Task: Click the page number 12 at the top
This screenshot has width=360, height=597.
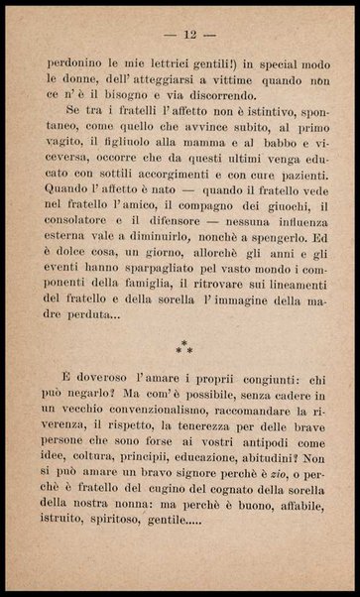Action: click(180, 25)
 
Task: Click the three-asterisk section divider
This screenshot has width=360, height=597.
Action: click(180, 374)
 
